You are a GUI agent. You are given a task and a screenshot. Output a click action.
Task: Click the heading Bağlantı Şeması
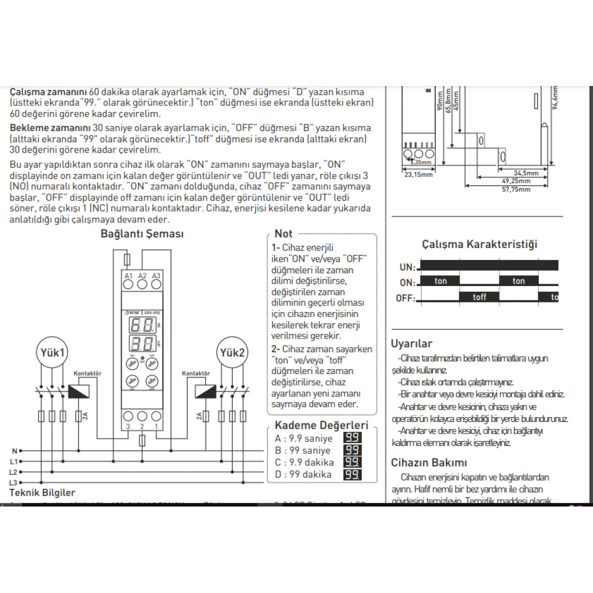click(142, 234)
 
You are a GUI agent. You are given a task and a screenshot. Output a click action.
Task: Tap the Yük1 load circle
click(52, 353)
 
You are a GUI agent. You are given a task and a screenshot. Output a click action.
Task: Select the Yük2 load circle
click(232, 353)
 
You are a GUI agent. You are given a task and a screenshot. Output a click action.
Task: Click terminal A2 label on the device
click(142, 276)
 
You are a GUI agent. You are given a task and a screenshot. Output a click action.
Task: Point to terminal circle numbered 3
click(128, 416)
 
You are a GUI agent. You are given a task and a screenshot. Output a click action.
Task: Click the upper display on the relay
click(141, 325)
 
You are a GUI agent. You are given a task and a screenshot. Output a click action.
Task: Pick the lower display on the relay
click(141, 343)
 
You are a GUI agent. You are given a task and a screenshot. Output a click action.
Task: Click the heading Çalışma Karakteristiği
click(479, 244)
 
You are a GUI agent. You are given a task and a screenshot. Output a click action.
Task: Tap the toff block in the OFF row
click(479, 297)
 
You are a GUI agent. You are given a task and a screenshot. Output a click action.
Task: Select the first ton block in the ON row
click(440, 281)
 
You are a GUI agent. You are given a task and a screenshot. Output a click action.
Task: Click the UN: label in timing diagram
click(407, 267)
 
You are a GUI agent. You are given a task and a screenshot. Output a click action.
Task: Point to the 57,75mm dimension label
click(516, 189)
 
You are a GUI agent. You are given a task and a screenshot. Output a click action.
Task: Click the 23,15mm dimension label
click(419, 174)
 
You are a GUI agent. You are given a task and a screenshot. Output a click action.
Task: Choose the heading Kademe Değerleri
click(322, 425)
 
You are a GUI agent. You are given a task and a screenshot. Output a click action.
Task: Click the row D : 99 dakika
click(303, 474)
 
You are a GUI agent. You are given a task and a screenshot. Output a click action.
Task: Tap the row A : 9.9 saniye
click(303, 438)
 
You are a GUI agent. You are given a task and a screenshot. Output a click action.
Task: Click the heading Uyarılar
click(412, 343)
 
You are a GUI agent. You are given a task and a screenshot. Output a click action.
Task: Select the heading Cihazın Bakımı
click(429, 463)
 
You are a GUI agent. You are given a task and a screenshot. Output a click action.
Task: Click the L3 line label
click(13, 482)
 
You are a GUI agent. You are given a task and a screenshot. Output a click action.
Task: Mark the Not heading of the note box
click(284, 234)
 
